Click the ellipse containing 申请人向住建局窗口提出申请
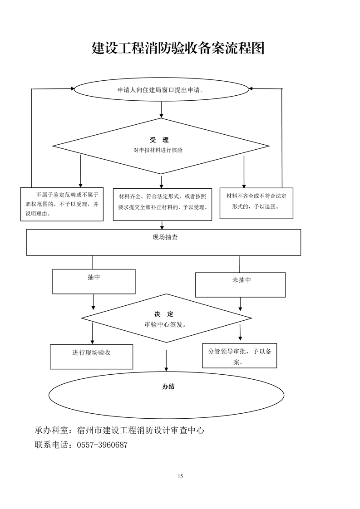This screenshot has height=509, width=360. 161,89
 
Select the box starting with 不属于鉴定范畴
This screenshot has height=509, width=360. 62,204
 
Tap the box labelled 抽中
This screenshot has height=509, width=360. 94,281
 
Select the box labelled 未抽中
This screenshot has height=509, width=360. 240,284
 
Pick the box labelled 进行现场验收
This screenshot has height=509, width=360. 91,356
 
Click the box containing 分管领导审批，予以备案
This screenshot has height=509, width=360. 239,356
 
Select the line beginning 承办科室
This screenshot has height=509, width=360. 119,430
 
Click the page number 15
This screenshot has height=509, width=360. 180,476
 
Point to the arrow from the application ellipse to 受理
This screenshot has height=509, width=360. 162,110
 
